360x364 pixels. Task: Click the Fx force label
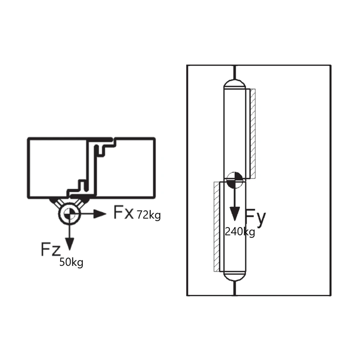point(124,212)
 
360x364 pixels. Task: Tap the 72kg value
point(149,215)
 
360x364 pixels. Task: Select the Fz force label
point(51,249)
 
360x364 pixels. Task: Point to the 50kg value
point(71,263)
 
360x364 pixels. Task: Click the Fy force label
point(255,218)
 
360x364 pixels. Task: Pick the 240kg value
point(240,232)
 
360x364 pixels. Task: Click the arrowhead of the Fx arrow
point(100,214)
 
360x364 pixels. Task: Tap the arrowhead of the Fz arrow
point(70,244)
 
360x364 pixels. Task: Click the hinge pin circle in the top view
point(70,214)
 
